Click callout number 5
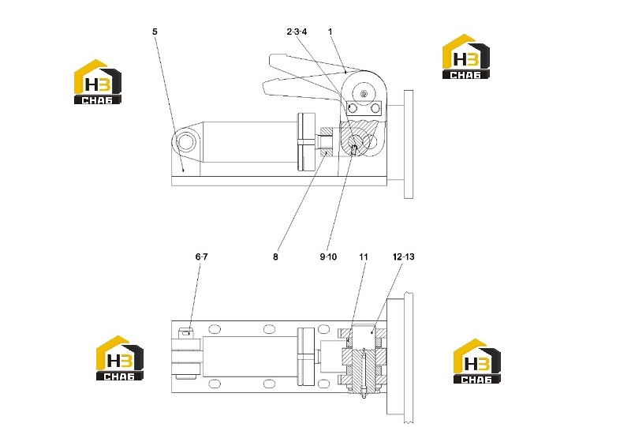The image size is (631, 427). click(x=155, y=32)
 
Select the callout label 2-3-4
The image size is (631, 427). click(x=297, y=32)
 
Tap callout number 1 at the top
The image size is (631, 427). click(x=330, y=32)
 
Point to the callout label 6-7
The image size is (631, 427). click(x=202, y=257)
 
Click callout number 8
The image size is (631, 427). click(x=275, y=257)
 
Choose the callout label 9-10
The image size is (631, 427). click(x=328, y=257)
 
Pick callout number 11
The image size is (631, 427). click(x=364, y=257)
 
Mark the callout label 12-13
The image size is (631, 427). click(x=404, y=257)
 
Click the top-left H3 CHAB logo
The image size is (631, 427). click(x=97, y=82)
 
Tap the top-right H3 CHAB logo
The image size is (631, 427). click(x=466, y=56)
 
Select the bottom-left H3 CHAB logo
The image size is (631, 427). click(x=120, y=358)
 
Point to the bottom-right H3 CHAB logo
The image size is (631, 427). click(x=477, y=361)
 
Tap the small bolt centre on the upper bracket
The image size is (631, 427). click(x=364, y=93)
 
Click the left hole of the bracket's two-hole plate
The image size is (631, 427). click(x=353, y=108)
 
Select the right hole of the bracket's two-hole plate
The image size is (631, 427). click(x=375, y=108)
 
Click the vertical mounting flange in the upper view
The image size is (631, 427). click(x=409, y=144)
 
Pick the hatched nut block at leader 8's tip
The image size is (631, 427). click(x=327, y=142)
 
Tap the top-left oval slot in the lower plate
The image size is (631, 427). click(x=215, y=329)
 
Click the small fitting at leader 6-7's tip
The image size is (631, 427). click(x=185, y=333)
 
